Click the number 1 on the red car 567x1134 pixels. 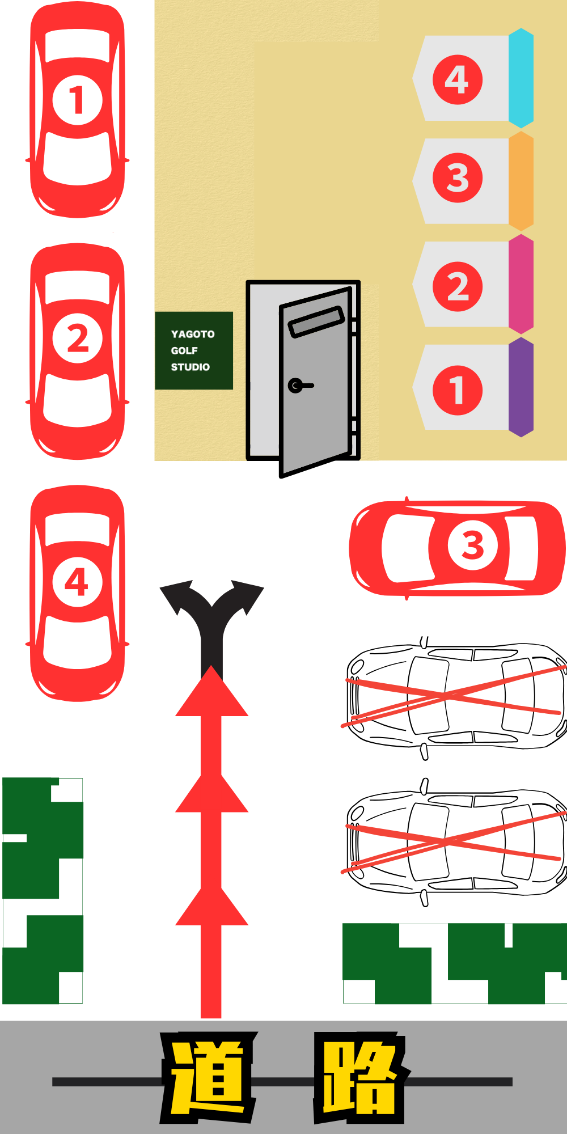coord(77,100)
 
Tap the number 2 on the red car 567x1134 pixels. coord(77,338)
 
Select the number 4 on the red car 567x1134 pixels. coord(77,582)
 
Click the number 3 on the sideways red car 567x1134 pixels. coord(473,545)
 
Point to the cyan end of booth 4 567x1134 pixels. coord(521,78)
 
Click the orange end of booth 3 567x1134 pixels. coord(521,181)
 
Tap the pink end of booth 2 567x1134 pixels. coord(521,284)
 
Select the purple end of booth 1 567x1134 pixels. coord(521,387)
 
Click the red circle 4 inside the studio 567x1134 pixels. coord(458,79)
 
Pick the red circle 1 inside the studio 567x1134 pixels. coord(458,390)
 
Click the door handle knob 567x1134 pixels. coord(295,386)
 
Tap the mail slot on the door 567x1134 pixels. coord(316,321)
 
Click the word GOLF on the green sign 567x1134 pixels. coord(184,350)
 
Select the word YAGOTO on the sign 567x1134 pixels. coord(193,334)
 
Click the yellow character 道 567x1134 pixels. coord(209,1078)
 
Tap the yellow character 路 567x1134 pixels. coord(361,1078)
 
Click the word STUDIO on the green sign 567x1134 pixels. coord(191,367)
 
